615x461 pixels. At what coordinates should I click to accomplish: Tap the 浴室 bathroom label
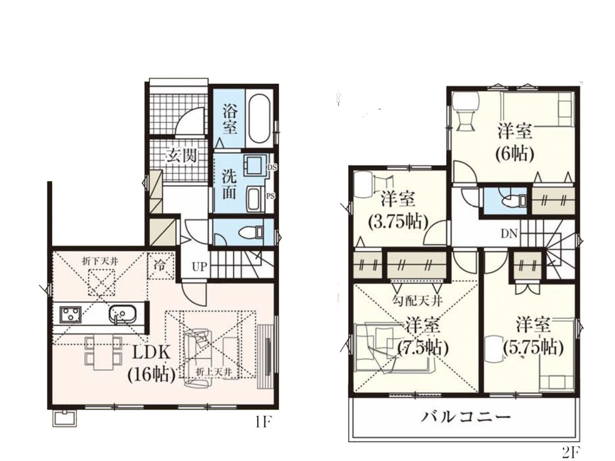(230, 119)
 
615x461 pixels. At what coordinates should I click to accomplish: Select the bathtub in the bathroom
(259, 120)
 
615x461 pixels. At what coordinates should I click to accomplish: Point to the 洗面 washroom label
(229, 185)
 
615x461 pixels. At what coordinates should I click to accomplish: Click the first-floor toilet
(251, 232)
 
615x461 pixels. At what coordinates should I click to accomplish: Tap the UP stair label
(199, 266)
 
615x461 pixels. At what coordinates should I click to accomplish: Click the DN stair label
(509, 234)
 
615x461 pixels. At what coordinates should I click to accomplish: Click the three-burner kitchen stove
(70, 313)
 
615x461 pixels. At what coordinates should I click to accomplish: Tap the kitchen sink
(123, 314)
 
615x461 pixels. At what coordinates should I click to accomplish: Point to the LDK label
(151, 353)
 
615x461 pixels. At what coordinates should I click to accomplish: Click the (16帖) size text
(151, 374)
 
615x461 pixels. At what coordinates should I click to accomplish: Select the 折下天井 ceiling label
(100, 262)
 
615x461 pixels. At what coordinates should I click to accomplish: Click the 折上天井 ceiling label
(214, 372)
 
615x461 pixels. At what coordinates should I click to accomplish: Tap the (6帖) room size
(515, 154)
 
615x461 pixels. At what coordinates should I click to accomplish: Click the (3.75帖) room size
(398, 222)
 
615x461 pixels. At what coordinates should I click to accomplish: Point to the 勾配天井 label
(417, 301)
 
